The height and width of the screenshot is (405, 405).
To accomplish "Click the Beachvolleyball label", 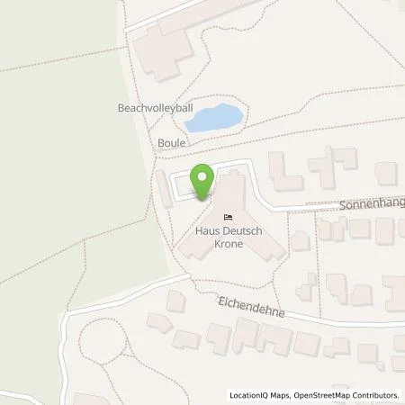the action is tap(155, 107).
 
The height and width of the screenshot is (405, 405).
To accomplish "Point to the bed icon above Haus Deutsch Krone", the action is tap(228, 217).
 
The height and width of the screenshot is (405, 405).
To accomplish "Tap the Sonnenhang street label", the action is tap(372, 204).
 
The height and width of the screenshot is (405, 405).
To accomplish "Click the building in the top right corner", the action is tap(386, 172).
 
